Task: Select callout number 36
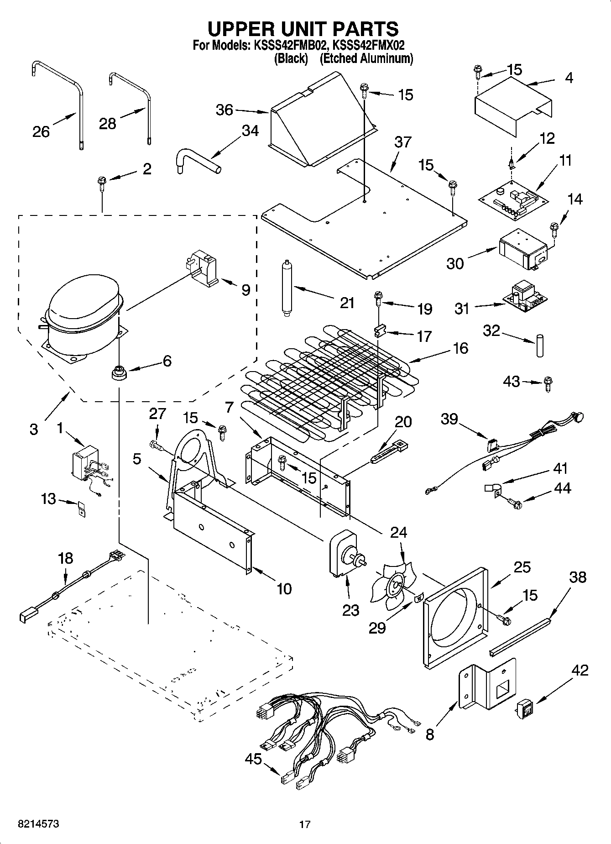pos(225,110)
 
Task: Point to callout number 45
pos(253,759)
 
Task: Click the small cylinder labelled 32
pos(540,346)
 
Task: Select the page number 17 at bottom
pos(305,824)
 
